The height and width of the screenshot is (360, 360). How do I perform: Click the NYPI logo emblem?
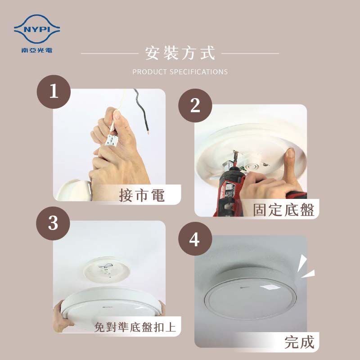[x=37, y=29]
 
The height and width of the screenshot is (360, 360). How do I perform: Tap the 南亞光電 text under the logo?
[x=37, y=50]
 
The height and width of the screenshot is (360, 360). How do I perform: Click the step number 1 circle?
[x=54, y=92]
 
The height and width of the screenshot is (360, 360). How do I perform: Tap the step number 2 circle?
[x=195, y=106]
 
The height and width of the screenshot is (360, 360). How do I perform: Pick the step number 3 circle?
[x=53, y=223]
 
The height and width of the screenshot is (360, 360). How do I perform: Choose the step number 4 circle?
[x=195, y=239]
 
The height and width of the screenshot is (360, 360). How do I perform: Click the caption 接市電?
[x=142, y=195]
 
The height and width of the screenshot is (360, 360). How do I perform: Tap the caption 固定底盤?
[x=284, y=210]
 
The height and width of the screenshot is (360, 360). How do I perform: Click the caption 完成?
[x=299, y=342]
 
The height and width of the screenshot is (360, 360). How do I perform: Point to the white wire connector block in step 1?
[x=111, y=140]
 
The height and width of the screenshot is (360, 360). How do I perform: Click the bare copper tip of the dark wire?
[x=148, y=131]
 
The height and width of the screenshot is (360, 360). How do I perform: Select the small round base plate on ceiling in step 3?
[x=107, y=269]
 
